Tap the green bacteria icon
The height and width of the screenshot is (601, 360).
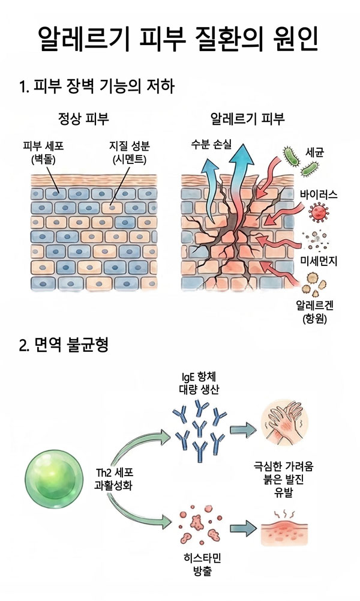pyautogui.click(x=293, y=160)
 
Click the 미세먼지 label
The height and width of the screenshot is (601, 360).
pyautogui.click(x=319, y=261)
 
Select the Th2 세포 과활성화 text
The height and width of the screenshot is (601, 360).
pyautogui.click(x=115, y=477)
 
